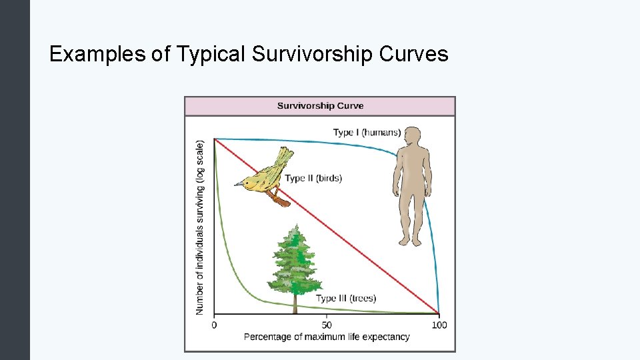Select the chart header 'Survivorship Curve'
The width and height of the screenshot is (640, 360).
pos(320,106)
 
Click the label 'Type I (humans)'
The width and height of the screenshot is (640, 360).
pos(367,133)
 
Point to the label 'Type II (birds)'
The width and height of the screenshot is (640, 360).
pos(313,178)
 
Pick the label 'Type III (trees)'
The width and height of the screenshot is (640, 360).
pos(346,298)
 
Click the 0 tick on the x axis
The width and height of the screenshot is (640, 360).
pos(214,325)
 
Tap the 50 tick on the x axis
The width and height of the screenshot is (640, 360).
pos(327,325)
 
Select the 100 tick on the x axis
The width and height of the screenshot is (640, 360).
pos(439,325)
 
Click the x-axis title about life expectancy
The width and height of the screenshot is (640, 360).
pos(327,337)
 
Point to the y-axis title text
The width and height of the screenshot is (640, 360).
pos(200,227)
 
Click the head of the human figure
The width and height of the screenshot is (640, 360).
pos(413,135)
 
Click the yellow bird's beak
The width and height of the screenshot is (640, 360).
pos(237,183)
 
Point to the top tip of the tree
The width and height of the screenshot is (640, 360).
pos(294,226)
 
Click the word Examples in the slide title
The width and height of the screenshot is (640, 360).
pos(98,53)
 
